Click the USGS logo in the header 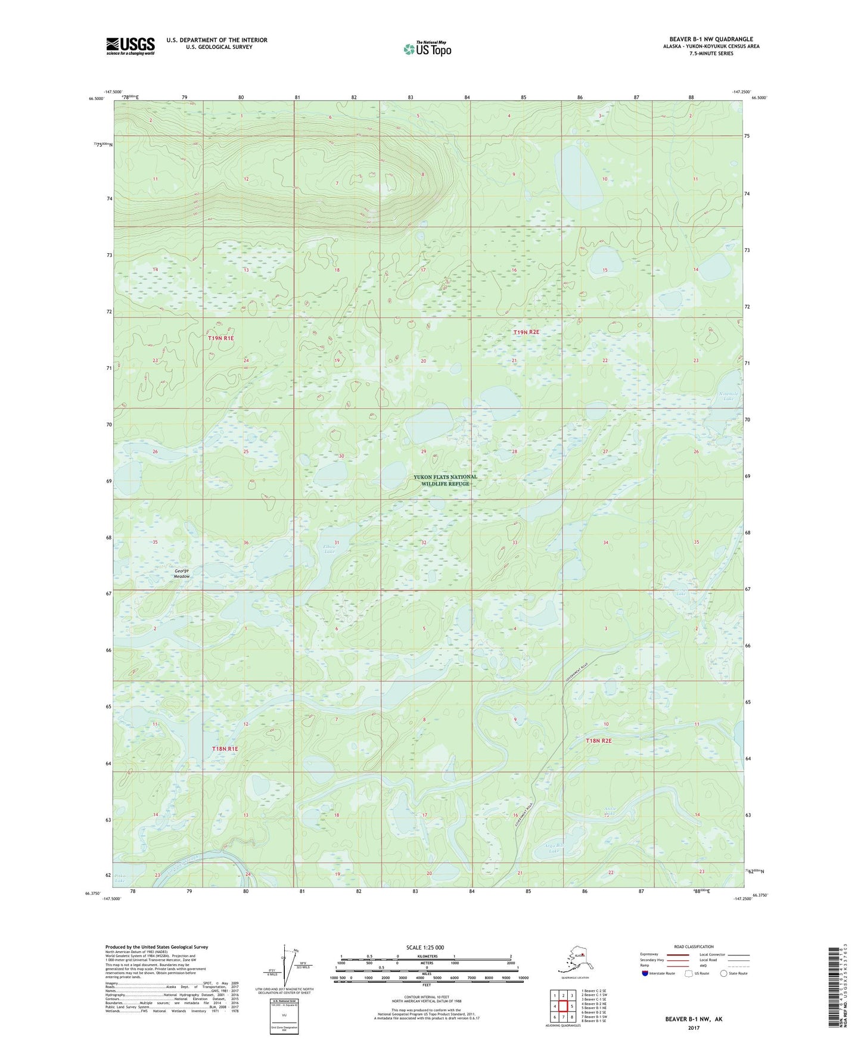click(130, 46)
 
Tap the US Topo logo click(427, 48)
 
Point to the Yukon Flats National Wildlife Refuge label click(445, 480)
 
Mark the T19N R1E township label click(221, 338)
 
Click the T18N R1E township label click(225, 748)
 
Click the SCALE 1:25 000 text click(425, 947)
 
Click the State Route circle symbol click(724, 973)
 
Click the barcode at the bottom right click(834, 985)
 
